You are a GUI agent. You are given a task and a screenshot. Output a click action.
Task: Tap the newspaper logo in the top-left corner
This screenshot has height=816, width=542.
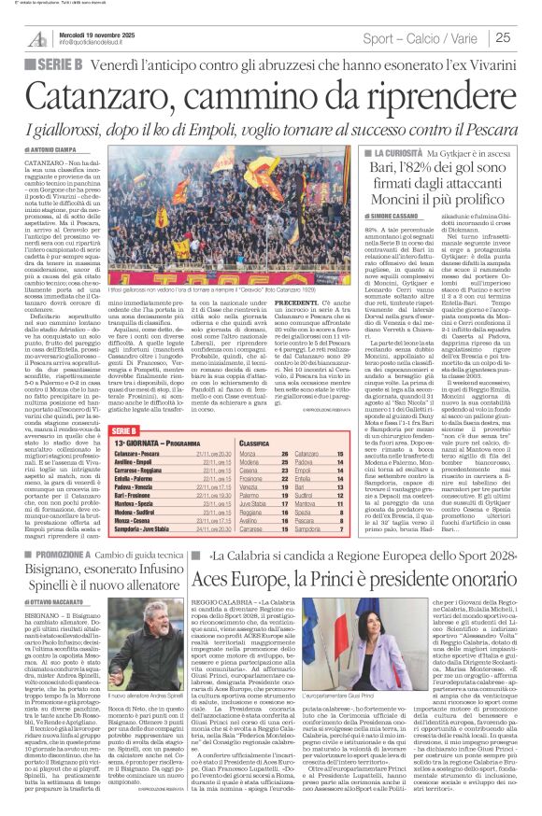pyautogui.click(x=37, y=37)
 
